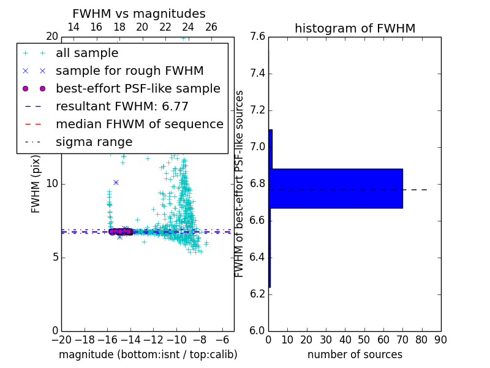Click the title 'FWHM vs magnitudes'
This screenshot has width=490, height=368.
[138, 14]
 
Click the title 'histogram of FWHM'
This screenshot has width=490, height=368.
[355, 28]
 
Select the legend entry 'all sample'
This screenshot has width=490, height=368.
[87, 53]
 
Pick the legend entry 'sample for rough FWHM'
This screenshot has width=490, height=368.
[129, 71]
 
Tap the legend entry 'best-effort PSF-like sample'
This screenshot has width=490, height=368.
[138, 88]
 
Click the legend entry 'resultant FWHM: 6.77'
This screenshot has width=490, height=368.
[122, 106]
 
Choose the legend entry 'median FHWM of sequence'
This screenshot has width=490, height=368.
[139, 124]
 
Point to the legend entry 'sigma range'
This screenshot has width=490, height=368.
[94, 142]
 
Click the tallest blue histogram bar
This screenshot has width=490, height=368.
[336, 188]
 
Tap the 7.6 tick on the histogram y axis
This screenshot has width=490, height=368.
[258, 37]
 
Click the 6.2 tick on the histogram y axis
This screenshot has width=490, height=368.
[258, 294]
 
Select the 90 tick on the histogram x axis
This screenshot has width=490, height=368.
[440, 339]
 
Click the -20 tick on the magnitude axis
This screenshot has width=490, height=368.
[61, 339]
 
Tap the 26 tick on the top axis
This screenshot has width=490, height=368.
[211, 27]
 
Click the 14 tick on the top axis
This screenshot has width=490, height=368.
[73, 27]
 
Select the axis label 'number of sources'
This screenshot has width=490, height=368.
[355, 355]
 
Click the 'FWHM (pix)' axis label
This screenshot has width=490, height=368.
[36, 183]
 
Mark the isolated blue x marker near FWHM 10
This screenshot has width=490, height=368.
[116, 182]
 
